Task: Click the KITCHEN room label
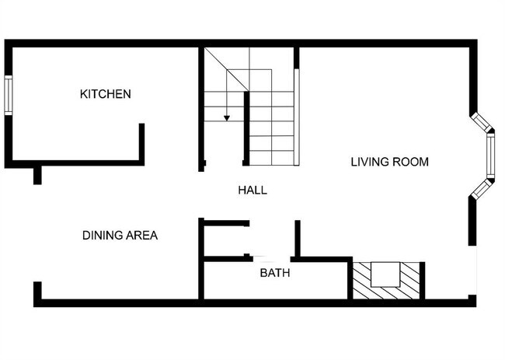coord(106,94)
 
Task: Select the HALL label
coord(252,190)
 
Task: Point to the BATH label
coord(275,273)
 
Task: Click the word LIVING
coord(370,162)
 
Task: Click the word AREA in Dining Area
coord(141,236)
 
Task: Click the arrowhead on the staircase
coord(227,118)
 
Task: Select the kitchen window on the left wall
coord(9,95)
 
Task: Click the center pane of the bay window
coord(490,156)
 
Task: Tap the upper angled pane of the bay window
coord(481,122)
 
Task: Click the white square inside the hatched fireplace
coord(385,274)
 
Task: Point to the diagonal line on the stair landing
coord(227,69)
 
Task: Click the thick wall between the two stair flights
coord(246,128)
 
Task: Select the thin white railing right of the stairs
coord(297,117)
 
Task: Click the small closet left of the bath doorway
coord(225,240)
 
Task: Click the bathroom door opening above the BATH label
coord(271,258)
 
